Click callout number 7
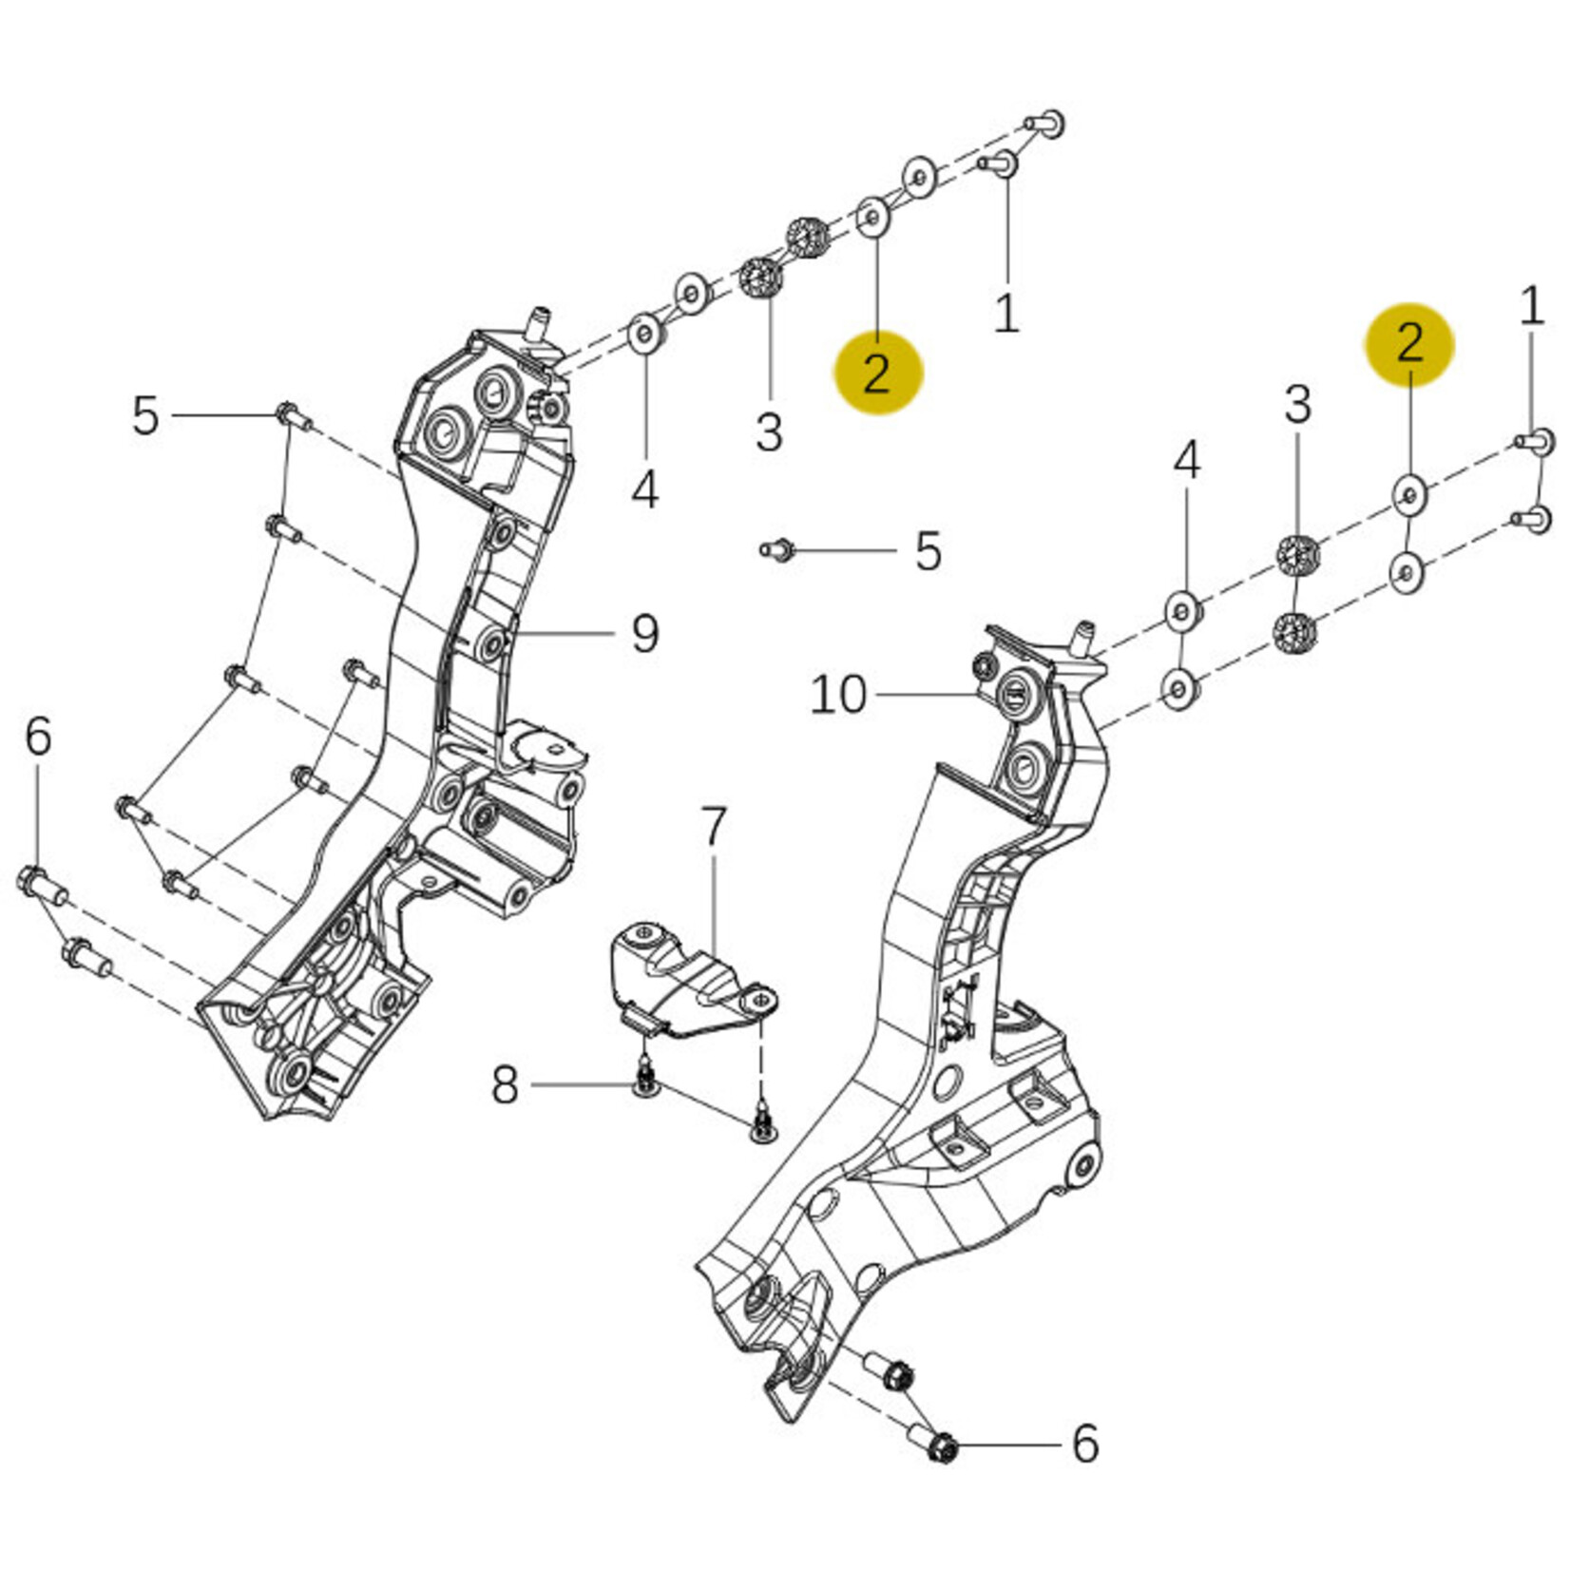tap(713, 828)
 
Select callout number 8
tap(505, 1085)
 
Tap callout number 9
tap(645, 634)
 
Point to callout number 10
tap(838, 695)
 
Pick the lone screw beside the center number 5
tap(775, 549)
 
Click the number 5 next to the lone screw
tap(928, 551)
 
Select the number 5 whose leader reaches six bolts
tap(144, 416)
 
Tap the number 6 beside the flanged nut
tap(1085, 1444)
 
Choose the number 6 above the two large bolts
tap(38, 737)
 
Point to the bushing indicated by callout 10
tap(1015, 693)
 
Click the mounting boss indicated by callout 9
tap(493, 645)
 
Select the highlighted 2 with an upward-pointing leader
tap(878, 373)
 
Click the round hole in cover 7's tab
tap(760, 1000)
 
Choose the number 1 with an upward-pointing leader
tap(1005, 313)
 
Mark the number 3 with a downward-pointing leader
tap(1297, 405)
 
